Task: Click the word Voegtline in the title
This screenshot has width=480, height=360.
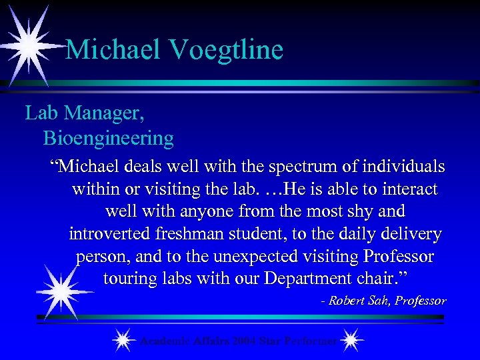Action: tap(227, 50)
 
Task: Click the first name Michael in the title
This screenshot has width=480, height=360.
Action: tap(113, 50)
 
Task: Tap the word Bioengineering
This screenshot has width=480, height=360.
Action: tap(109, 138)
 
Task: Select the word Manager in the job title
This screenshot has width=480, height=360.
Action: tap(101, 113)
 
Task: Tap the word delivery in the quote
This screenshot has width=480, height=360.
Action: tap(410, 233)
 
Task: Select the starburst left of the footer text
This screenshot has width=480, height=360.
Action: tap(122, 341)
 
